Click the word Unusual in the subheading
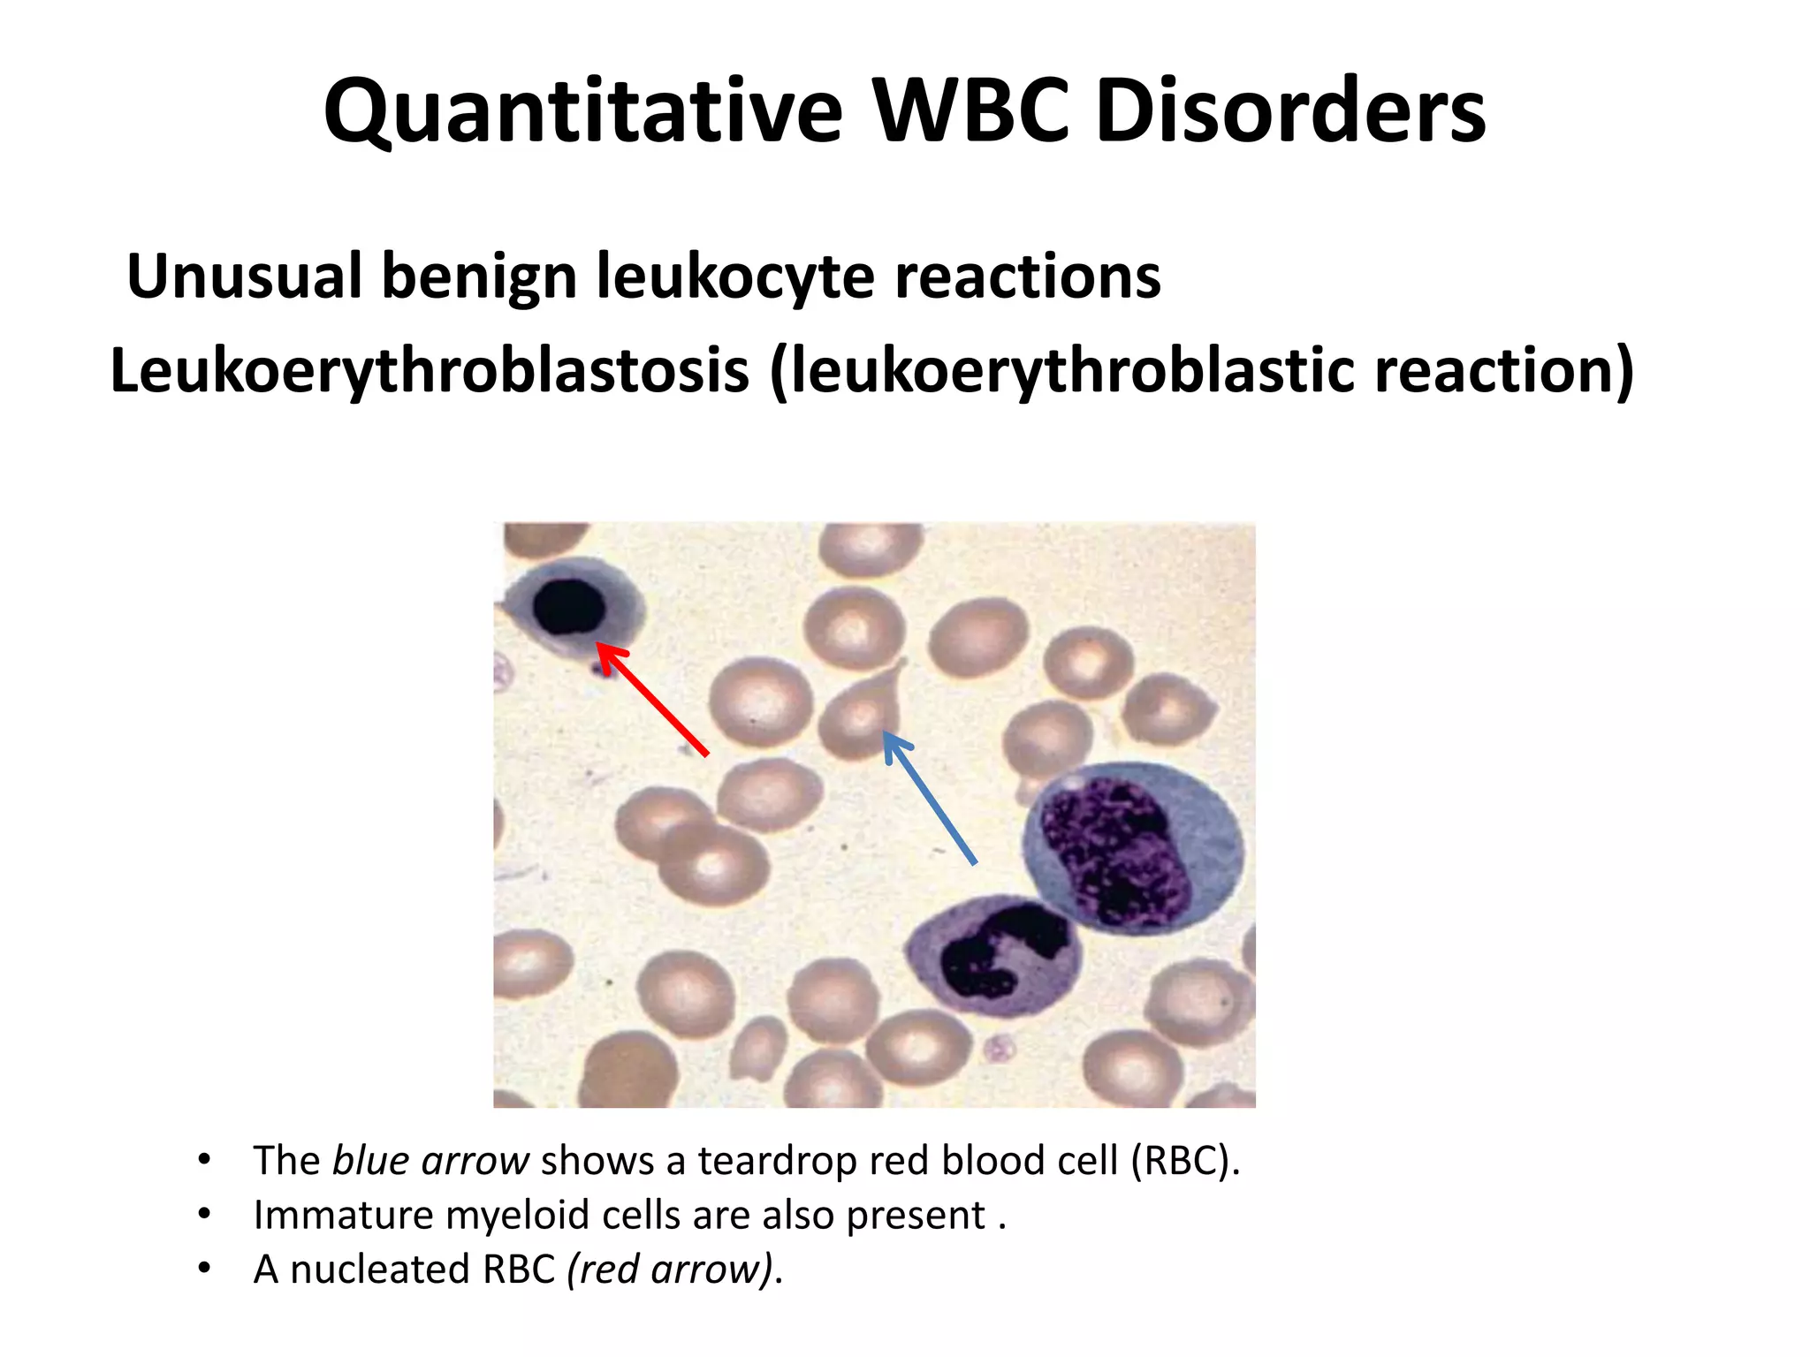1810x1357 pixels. click(x=245, y=277)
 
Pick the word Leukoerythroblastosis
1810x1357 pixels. click(x=430, y=371)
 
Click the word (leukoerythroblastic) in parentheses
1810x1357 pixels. click(x=1061, y=371)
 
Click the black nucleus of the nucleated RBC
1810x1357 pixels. click(x=569, y=607)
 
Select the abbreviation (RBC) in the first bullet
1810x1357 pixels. click(x=1185, y=1161)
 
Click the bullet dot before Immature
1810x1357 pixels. click(x=205, y=1214)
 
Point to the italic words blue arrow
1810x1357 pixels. click(x=430, y=1161)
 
